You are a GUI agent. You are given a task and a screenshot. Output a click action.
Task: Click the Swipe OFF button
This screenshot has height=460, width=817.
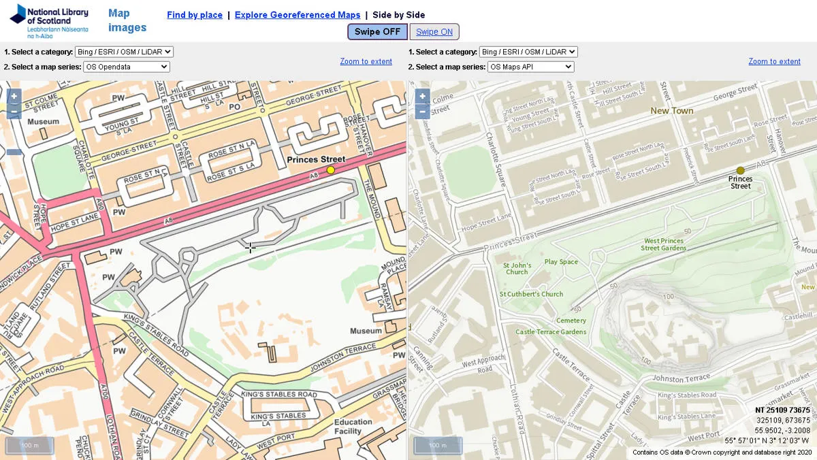pos(377,32)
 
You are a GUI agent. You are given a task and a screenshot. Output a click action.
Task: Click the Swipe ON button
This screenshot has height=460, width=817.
pos(434,32)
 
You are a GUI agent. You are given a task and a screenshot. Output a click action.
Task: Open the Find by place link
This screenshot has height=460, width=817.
pos(195,15)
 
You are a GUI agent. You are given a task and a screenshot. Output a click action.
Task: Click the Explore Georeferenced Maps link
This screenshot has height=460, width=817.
pos(298,15)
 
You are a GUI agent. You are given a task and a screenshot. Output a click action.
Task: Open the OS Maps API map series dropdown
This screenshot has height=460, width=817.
pos(530,67)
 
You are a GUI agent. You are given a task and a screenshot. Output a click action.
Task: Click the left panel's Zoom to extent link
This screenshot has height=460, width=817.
pos(366,61)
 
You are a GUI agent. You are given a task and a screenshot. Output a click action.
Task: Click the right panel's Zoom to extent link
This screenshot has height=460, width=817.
pos(774,61)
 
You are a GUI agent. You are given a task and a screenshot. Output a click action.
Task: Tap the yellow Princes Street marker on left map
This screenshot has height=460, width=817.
pos(331,170)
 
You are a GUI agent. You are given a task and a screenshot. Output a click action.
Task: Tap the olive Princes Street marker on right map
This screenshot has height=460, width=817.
pos(741,171)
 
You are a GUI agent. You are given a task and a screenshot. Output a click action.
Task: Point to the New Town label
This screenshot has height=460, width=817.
pos(671,111)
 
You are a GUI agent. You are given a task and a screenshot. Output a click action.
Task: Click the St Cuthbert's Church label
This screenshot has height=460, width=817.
pos(531,294)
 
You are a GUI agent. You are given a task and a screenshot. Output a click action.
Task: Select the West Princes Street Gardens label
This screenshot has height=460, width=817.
pos(663,244)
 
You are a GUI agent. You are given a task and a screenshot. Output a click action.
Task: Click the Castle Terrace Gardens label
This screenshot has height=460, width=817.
pos(551,332)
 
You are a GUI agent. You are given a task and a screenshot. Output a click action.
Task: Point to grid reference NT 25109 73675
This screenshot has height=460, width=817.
pos(782,410)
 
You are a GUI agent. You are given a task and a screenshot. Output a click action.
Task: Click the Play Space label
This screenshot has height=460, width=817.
pos(561,262)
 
